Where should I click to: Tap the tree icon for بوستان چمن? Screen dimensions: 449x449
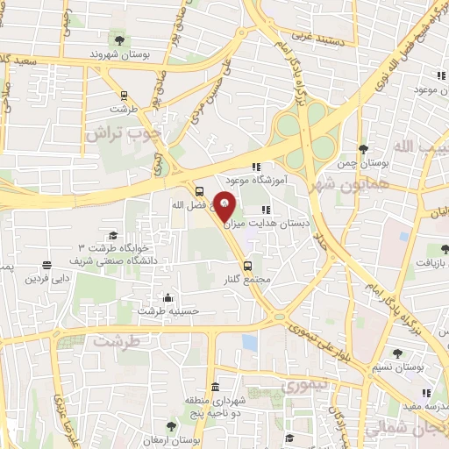[x=363, y=150]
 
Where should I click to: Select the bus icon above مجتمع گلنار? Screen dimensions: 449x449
[x=247, y=265]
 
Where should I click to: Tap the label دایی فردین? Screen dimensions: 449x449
[x=46, y=279]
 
